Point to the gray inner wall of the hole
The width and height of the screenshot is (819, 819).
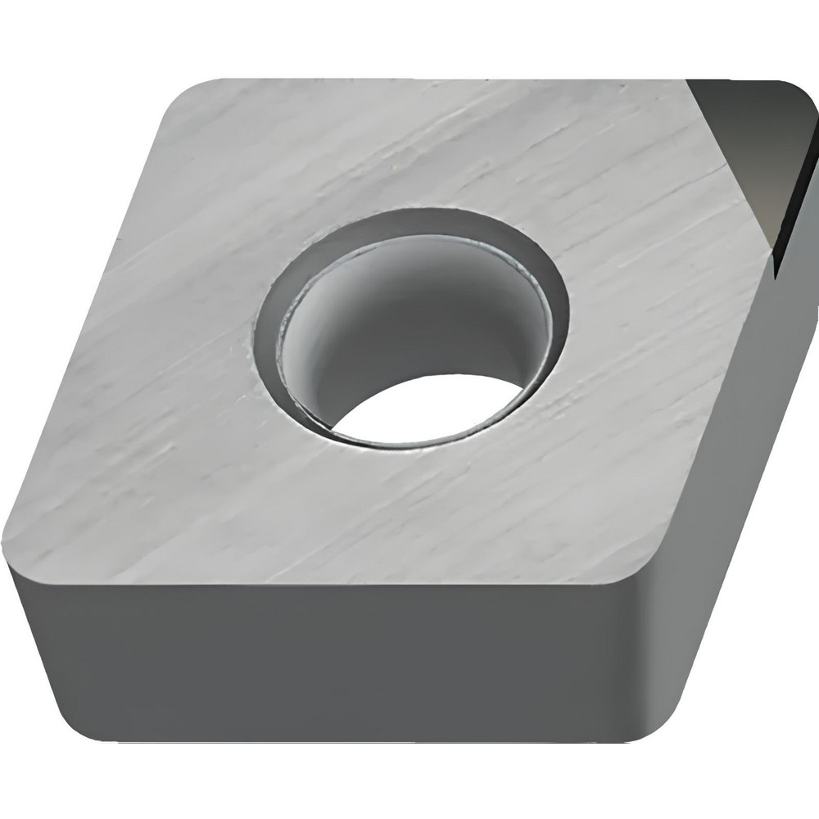pos(393,311)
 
